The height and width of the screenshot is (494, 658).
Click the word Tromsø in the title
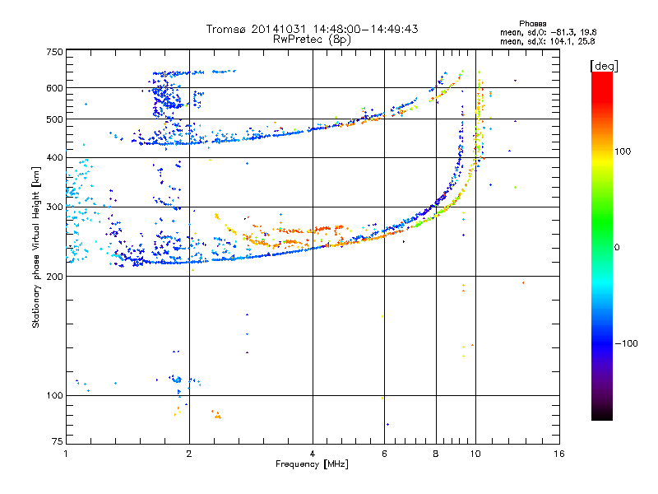227,29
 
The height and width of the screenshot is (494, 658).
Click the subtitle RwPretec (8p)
312,40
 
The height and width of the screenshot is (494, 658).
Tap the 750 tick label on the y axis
54,52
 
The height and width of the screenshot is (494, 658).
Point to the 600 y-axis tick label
54,88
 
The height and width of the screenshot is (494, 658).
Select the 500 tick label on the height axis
54,119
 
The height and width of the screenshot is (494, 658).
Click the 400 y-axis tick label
54,157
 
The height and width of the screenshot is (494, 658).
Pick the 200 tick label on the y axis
54,277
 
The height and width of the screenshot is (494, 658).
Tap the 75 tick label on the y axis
58,441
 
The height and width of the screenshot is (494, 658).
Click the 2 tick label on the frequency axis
189,454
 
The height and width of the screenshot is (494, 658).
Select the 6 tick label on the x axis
384,454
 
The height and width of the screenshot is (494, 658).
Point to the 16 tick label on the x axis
559,454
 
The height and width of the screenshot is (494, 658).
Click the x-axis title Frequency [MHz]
312,464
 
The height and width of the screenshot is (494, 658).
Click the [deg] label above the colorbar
604,66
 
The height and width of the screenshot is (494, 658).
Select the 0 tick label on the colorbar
617,247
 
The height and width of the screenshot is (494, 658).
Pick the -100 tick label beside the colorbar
626,343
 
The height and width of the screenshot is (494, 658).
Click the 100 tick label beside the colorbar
623,151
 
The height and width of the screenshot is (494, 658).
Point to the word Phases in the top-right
532,24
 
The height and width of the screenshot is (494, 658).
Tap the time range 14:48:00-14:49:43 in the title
365,29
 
